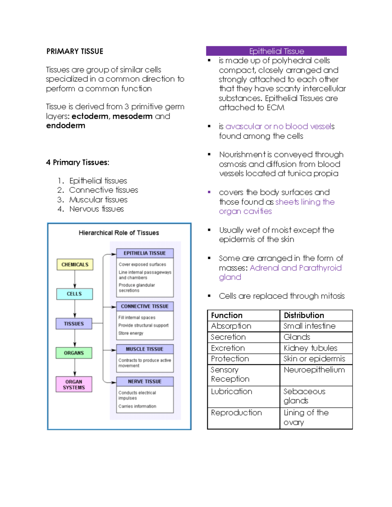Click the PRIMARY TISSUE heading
pos(75,51)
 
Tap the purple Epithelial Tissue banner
pos(276,51)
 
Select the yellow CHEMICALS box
pos(75,264)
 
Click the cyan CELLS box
pos(74,294)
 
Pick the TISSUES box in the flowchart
pos(74,324)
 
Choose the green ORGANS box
pos(74,353)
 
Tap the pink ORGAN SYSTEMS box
pos(74,384)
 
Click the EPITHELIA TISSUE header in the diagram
pos(145,253)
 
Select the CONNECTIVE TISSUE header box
pos(145,306)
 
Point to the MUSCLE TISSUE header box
pos(145,349)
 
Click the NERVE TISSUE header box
pos(145,381)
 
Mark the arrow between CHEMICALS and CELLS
pos(75,279)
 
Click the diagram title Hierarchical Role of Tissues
pos(119,233)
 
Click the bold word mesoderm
pos(132,116)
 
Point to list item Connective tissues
pos(104,190)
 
